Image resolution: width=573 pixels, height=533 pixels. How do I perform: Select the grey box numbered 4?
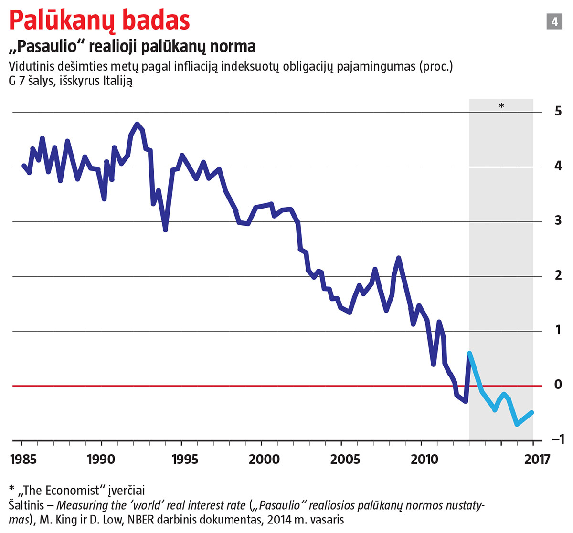[554, 21]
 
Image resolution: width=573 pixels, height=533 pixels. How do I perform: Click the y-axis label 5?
[558, 111]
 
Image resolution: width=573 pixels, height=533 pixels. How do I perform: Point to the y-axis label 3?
[558, 220]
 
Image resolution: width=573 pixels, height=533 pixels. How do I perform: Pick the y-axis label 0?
[558, 385]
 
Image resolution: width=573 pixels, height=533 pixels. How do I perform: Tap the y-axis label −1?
[556, 439]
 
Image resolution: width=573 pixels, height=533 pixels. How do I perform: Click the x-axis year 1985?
[23, 460]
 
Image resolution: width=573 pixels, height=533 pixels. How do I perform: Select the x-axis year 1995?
[184, 460]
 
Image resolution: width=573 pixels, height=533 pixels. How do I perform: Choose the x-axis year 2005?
[345, 460]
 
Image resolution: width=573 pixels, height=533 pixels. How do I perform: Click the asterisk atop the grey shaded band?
[501, 106]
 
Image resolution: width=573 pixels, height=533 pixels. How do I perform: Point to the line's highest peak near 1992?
[138, 124]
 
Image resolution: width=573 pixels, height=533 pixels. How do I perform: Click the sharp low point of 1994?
[165, 230]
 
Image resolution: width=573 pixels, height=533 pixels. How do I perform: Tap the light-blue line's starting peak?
[469, 353]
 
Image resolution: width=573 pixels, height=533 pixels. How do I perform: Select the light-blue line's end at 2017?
[532, 413]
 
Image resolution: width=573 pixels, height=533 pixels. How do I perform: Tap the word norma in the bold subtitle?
[234, 46]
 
